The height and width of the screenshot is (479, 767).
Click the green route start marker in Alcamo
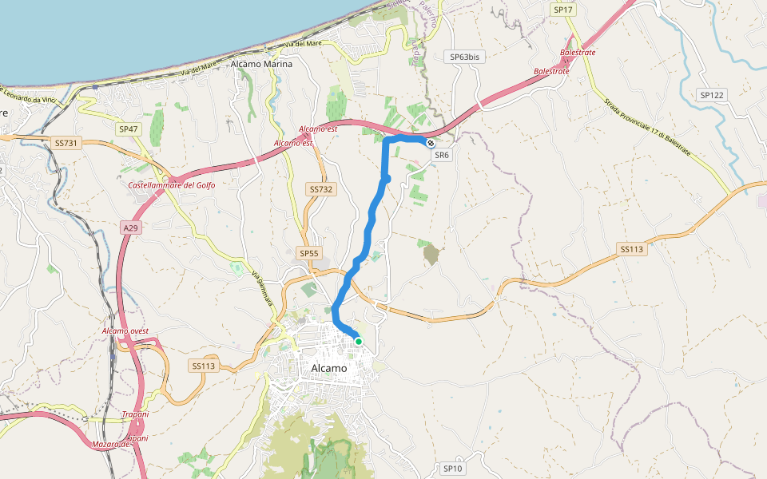pyautogui.click(x=359, y=342)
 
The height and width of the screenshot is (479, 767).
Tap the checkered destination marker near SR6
pyautogui.click(x=431, y=143)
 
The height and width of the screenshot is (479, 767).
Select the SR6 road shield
pyautogui.click(x=442, y=155)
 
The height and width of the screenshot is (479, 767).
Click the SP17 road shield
pyautogui.click(x=563, y=10)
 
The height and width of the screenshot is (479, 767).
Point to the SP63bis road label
pyautogui.click(x=465, y=57)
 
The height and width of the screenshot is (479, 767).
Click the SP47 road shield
pyautogui.click(x=129, y=129)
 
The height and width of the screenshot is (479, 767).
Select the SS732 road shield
pyautogui.click(x=320, y=189)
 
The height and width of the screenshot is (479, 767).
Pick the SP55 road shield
pyautogui.click(x=308, y=253)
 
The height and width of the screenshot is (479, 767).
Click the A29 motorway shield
pyautogui.click(x=130, y=228)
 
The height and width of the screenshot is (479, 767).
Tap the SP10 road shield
pyautogui.click(x=453, y=469)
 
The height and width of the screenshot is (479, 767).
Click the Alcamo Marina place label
pyautogui.click(x=261, y=64)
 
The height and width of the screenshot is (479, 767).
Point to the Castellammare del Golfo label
pyautogui.click(x=172, y=185)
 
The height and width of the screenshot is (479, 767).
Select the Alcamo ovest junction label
pyautogui.click(x=125, y=331)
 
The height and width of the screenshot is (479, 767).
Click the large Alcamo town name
pyautogui.click(x=328, y=368)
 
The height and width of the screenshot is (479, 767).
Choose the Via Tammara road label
pyautogui.click(x=264, y=287)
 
